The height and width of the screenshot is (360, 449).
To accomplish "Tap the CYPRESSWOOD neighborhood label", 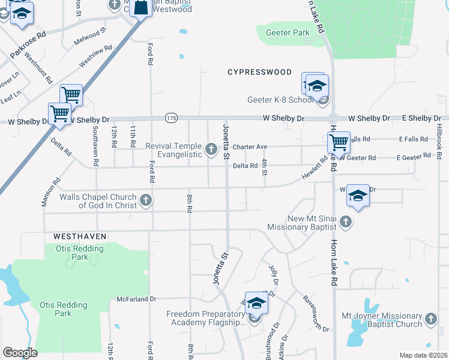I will [259, 72].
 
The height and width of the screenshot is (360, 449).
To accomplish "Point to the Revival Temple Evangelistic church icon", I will [211, 148].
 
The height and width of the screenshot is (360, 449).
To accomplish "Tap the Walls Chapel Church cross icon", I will [145, 200].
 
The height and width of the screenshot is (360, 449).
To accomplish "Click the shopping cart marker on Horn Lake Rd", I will [339, 142].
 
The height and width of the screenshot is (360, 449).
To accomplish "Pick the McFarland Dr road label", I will [136, 298].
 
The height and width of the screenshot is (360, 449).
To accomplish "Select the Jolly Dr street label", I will [274, 275].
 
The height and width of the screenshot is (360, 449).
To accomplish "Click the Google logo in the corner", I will [20, 352].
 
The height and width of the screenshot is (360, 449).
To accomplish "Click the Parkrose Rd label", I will [27, 45].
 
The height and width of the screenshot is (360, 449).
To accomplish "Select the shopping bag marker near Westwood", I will [140, 8].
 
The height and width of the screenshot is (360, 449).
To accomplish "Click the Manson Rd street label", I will [50, 193].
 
